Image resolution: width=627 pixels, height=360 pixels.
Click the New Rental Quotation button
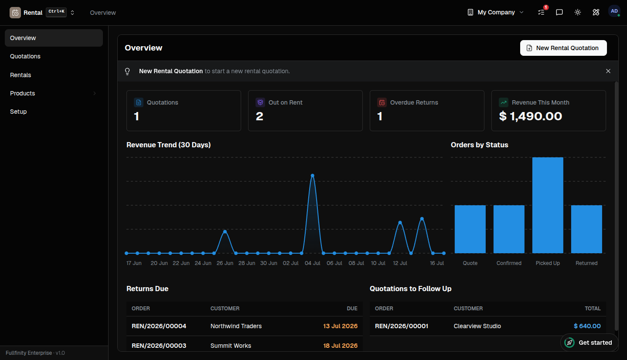point(563,48)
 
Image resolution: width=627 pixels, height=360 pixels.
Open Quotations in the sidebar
point(25,56)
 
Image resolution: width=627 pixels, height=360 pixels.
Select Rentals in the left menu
point(20,75)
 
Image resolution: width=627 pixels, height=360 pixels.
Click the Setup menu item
point(18,112)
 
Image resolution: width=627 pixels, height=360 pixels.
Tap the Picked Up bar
point(548,205)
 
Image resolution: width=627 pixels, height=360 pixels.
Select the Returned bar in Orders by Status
point(586,229)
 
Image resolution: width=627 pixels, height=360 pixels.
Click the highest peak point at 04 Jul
point(312,176)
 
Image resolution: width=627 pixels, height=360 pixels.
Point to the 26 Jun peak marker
point(225,231)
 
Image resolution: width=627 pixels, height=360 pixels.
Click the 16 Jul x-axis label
point(436,263)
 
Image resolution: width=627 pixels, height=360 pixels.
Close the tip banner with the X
point(608,71)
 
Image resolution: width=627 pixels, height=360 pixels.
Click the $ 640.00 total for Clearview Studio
point(587,326)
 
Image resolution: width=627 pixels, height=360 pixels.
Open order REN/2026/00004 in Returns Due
point(159,326)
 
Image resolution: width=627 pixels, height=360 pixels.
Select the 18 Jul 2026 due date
point(340,346)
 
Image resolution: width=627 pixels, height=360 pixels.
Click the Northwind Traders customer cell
point(236,326)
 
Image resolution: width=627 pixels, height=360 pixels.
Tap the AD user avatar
point(614,11)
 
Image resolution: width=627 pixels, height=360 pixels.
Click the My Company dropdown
point(495,12)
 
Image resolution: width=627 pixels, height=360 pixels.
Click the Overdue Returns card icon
point(382,102)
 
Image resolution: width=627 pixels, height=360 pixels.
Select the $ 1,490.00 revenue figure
point(531,116)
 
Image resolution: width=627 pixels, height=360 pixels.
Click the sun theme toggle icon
point(577,12)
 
